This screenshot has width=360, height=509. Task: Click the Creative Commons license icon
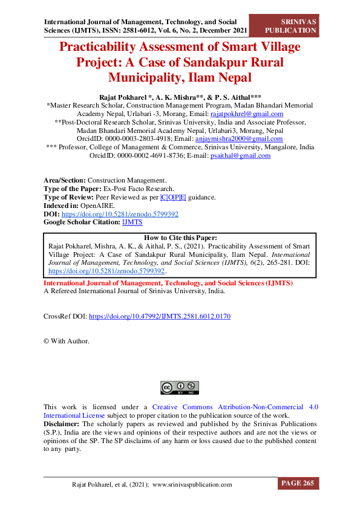coord(180,387)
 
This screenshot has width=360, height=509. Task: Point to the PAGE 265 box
coord(298,483)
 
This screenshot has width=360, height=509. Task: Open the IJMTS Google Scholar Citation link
coord(133,222)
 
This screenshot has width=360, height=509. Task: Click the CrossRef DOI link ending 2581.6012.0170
coord(160,316)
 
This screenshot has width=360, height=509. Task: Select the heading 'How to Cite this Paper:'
coord(180,238)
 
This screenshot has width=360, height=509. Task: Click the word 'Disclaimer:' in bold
coord(61,424)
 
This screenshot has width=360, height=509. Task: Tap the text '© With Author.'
coord(67,341)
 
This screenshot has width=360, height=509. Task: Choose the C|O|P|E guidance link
coord(174,197)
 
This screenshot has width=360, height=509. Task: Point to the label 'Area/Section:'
coord(65,180)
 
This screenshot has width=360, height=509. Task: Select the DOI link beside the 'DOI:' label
coord(120,214)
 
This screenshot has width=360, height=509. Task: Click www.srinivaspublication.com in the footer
coord(192,484)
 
